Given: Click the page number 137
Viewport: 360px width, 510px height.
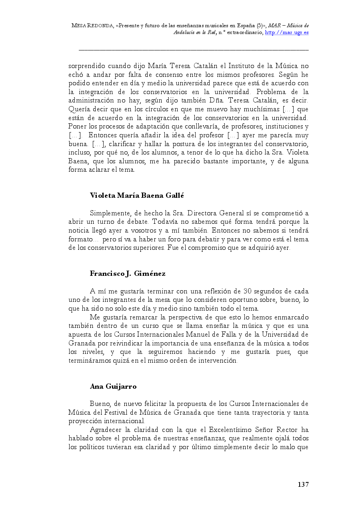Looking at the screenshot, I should pyautogui.click(x=303, y=484).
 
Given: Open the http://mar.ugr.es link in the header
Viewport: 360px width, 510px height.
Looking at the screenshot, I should pyautogui.click(x=286, y=32).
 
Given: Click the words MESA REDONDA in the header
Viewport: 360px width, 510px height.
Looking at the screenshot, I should pyautogui.click(x=92, y=25).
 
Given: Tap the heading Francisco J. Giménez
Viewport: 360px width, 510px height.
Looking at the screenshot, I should pyautogui.click(x=128, y=274).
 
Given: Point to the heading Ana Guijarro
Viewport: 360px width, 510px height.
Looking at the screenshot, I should pyautogui.click(x=113, y=386).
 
